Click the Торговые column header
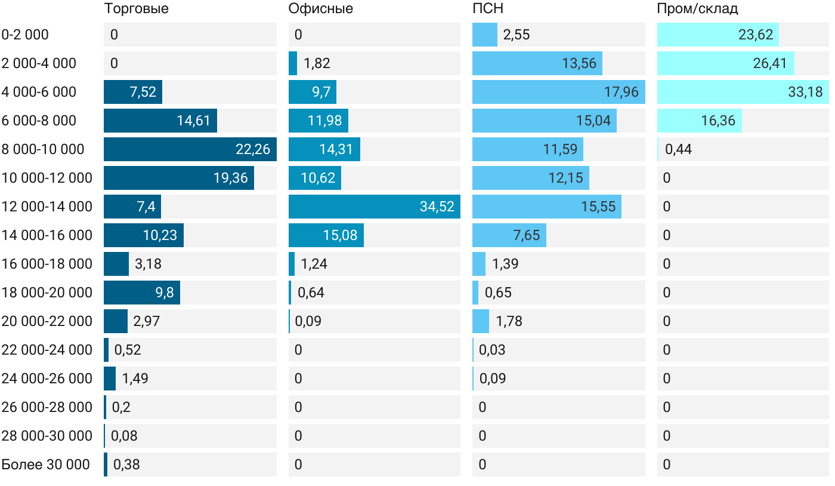pos(136,8)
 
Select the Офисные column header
pos(320,8)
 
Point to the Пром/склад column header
pos(697,8)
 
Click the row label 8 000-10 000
pos(43,149)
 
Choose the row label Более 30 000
pos(45,465)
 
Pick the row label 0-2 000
pos(25,35)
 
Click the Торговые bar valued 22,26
pos(190,149)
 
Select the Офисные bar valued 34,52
pos(374,207)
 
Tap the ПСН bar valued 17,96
pos(558,92)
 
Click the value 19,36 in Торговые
pos(230,178)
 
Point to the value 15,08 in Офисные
pos(340,235)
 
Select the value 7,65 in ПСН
pos(526,235)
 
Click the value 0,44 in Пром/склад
pos(678,149)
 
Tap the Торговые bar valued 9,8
pos(141,293)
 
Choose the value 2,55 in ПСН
pos(517,35)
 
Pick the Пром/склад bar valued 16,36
pos(699,121)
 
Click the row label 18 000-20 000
pos(47,293)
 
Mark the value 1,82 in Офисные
pos(317,63)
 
